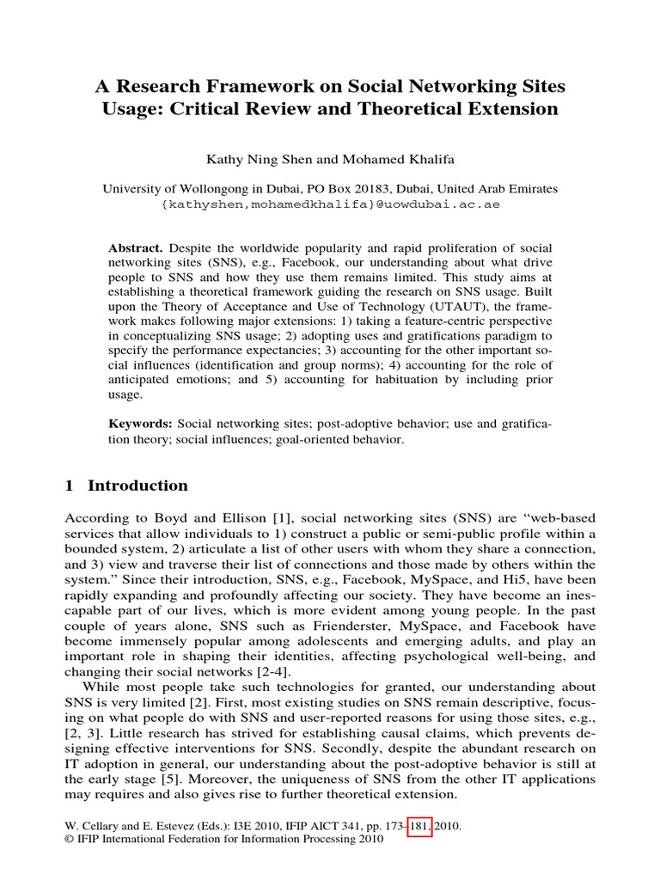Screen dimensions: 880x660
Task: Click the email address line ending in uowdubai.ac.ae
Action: point(330,205)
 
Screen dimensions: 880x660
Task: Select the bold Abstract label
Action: point(134,247)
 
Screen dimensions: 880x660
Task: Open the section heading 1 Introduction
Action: point(126,486)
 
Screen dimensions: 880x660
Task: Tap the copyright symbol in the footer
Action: point(70,840)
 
